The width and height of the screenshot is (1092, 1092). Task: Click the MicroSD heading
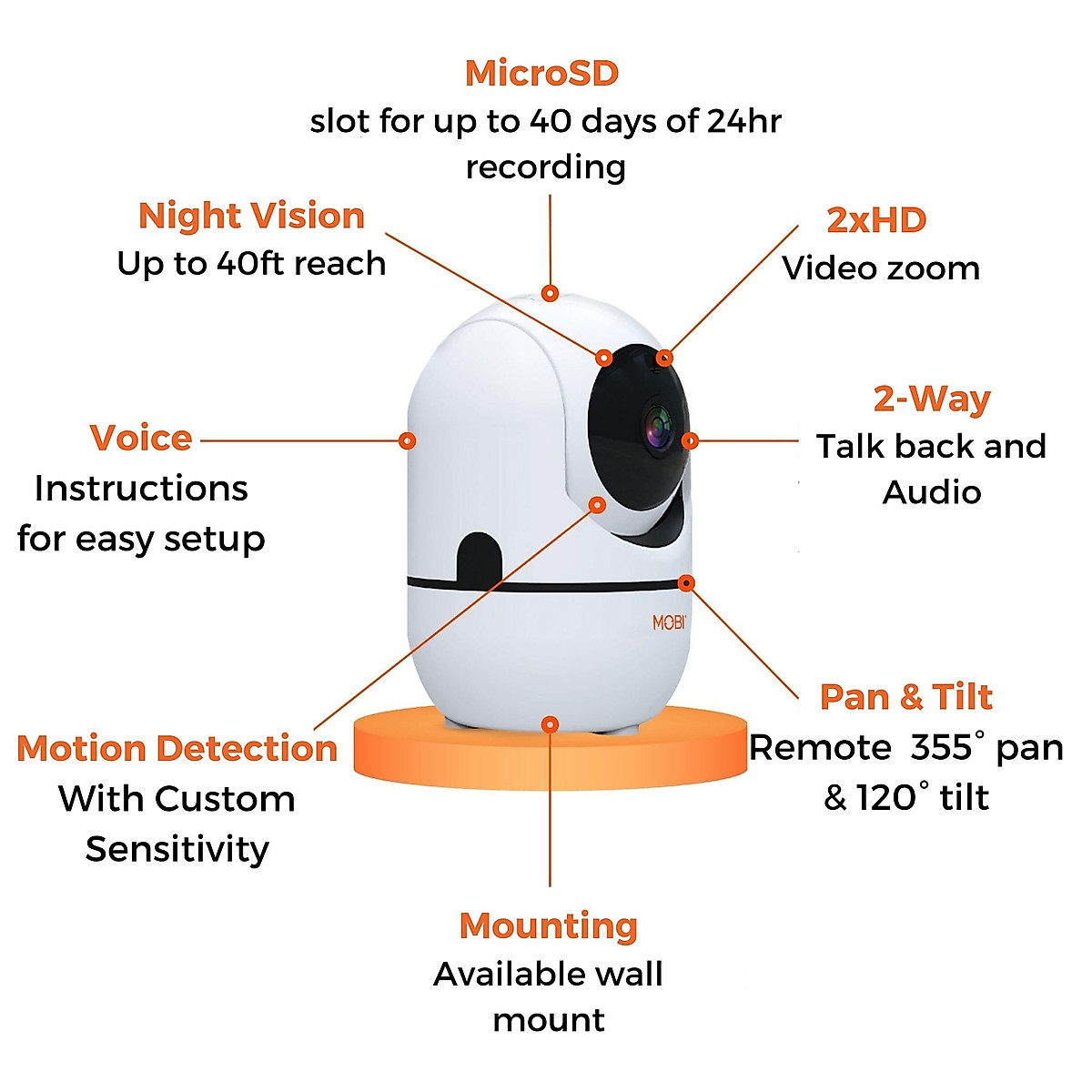pos(541,74)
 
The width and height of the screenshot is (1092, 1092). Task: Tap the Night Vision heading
pos(251,216)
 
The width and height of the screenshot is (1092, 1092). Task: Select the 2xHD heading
pos(876,220)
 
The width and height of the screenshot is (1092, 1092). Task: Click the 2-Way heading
pos(931,399)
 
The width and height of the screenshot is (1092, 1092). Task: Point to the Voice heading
pos(141,438)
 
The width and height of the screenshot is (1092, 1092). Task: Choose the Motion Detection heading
pos(177,748)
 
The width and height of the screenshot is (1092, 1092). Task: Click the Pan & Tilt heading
pos(905,697)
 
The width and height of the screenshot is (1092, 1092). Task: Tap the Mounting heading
pos(548,925)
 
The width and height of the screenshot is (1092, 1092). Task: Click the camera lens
pos(657,427)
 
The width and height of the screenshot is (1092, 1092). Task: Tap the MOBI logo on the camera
pos(669,622)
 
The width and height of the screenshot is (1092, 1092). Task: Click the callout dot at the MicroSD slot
pos(550,293)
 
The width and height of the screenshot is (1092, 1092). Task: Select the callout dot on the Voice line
pos(408,440)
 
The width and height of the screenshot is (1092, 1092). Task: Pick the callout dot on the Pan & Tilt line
pos(686,582)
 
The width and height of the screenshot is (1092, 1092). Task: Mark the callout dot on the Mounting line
pos(550,724)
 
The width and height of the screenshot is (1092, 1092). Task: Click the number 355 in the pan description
pos(941,748)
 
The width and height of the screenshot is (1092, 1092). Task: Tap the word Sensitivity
pos(177,849)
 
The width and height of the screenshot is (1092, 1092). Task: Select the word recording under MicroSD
pos(546,167)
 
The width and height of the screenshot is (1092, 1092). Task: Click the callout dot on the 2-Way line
pos(690,440)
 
